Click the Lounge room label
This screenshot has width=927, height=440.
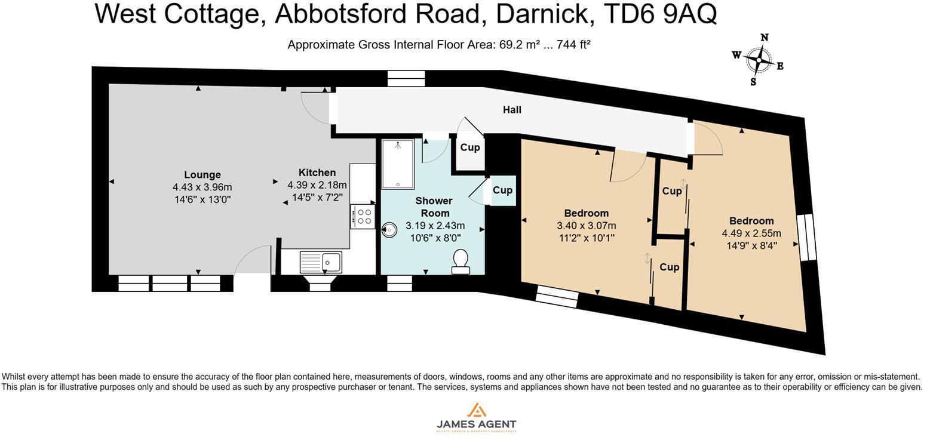tap(202, 175)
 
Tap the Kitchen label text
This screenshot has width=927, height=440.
tap(317, 173)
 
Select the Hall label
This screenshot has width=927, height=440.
tap(512, 110)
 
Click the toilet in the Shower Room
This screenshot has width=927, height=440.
tap(460, 261)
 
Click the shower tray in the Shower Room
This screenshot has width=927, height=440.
tap(397, 164)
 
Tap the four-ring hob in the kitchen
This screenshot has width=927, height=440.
tap(363, 217)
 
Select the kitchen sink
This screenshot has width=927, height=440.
tap(321, 261)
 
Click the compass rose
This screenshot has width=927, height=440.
tap(759, 60)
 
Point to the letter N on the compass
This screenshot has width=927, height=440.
tap(764, 38)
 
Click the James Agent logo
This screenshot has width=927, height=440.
tap(476, 417)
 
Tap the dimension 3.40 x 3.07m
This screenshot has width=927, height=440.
tap(586, 226)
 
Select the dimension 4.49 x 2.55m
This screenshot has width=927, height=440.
tap(751, 233)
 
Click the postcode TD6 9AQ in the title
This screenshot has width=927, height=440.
tap(660, 13)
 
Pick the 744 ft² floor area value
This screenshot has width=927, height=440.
tap(573, 45)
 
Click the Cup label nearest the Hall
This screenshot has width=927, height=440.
tap(470, 147)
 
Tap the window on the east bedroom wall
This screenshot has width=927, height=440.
tap(806, 237)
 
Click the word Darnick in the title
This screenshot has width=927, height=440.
tap(545, 13)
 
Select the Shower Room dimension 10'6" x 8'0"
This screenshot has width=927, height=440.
tap(435, 238)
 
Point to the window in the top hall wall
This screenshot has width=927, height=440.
tap(406, 78)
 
